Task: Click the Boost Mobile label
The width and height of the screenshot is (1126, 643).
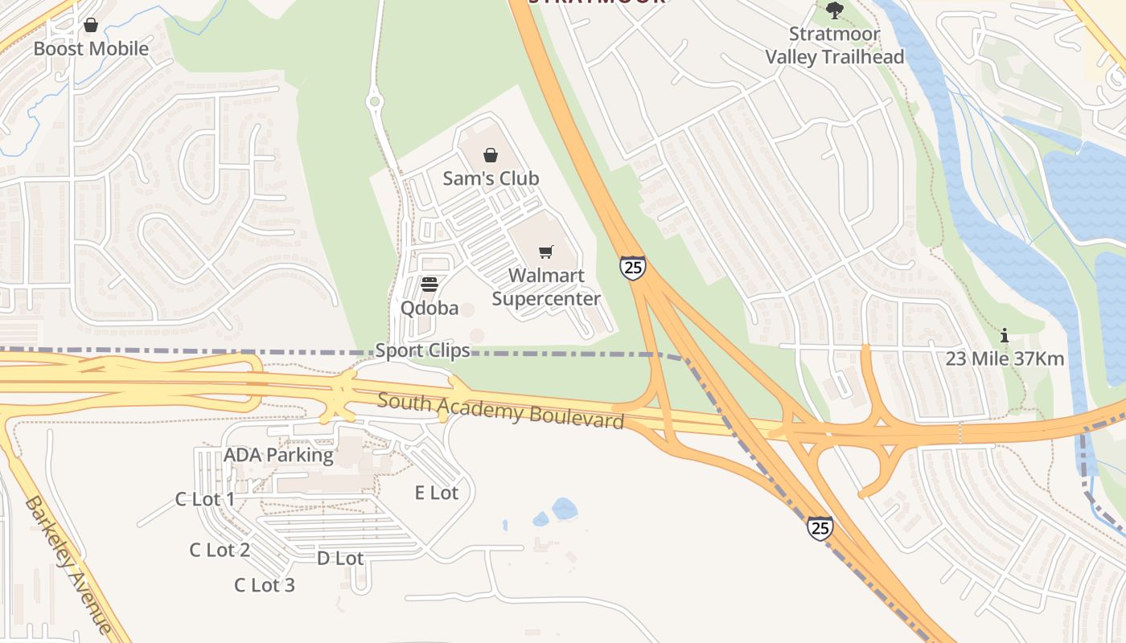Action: coord(91,49)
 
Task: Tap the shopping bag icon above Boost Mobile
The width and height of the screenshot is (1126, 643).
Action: coord(91,26)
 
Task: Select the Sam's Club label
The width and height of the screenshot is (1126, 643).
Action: coord(491,178)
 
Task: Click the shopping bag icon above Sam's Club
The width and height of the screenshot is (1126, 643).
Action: coord(491,155)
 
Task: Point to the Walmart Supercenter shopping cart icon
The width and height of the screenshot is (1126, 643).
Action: coord(546,252)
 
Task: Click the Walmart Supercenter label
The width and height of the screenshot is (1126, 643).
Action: coord(546,288)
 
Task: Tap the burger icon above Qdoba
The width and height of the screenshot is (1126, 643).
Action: coord(429,285)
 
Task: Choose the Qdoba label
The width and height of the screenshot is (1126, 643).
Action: coord(429,309)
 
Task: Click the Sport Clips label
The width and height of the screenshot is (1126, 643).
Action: coord(423,350)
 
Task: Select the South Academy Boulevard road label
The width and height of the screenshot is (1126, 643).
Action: coord(500,410)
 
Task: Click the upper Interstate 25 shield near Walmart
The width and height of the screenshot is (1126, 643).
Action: coord(633,268)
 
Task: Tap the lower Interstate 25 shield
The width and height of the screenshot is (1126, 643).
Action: coord(820,528)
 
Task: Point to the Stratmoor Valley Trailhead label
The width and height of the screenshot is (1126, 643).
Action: coord(835,46)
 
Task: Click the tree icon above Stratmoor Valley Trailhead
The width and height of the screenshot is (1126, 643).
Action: coord(835,10)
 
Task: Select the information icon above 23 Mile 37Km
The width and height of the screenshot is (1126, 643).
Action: coord(1004,336)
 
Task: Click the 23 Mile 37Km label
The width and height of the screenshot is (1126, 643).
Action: coord(1005,359)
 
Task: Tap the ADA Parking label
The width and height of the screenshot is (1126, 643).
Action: coord(278,455)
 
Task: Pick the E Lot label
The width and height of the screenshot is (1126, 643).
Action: coord(437,493)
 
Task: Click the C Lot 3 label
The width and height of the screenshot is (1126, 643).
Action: coord(265,585)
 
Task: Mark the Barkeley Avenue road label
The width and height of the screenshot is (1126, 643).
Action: coord(68,565)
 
